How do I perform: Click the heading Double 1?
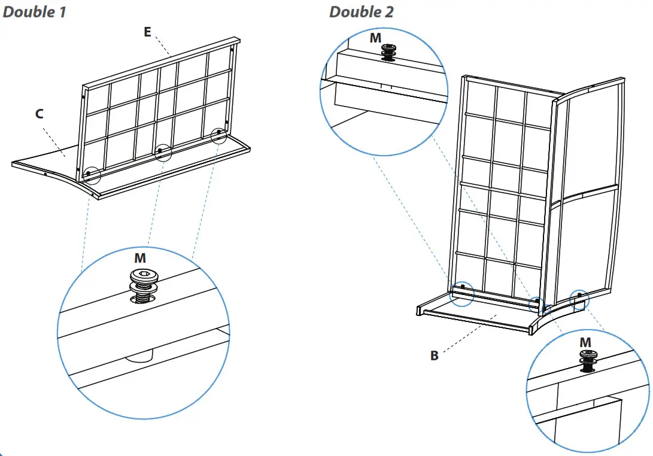[34, 12]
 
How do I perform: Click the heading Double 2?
[362, 12]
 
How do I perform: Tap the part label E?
[147, 32]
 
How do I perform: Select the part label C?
[40, 114]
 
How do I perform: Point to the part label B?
[435, 355]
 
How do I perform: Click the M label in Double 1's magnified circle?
[140, 258]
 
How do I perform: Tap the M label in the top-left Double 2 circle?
[375, 38]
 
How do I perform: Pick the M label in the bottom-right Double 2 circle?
[585, 342]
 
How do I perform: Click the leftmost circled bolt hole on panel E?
[89, 174]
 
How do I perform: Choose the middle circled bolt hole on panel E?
[160, 151]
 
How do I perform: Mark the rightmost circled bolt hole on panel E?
[220, 132]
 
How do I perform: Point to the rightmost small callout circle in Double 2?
[579, 296]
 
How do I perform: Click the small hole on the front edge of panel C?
[45, 175]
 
